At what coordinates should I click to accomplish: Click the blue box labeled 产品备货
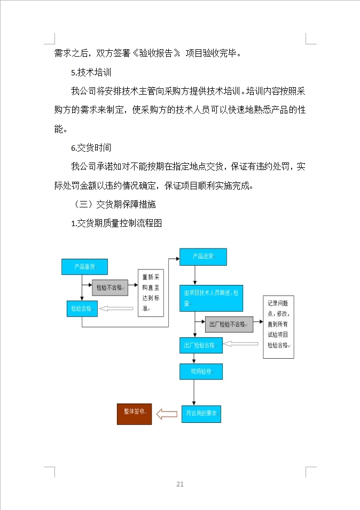(x=85, y=267)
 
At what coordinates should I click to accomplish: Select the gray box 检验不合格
(x=110, y=288)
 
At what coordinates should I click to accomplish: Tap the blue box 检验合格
(x=81, y=308)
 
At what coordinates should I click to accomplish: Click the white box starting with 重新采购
(x=151, y=293)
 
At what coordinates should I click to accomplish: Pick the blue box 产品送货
(x=203, y=257)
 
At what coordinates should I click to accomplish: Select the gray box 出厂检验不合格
(x=228, y=324)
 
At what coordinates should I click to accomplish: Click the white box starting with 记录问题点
(x=278, y=327)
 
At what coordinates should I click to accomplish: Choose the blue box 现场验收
(x=200, y=372)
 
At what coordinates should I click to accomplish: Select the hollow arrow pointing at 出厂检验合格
(x=238, y=343)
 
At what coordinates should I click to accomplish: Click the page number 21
(x=180, y=484)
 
